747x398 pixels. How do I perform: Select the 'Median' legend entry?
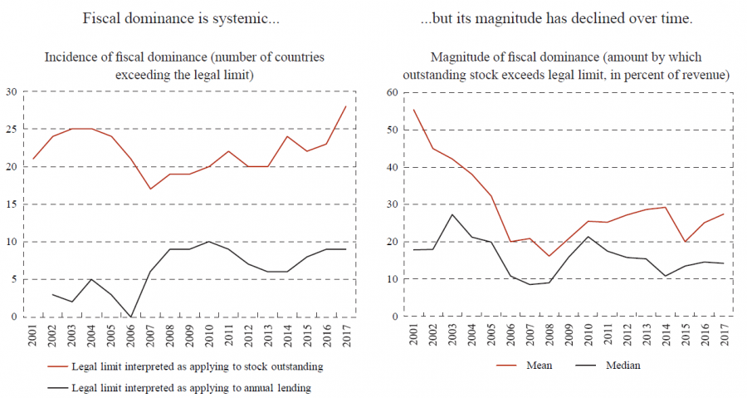[622, 365]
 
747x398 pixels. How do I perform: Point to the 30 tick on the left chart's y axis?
[11, 92]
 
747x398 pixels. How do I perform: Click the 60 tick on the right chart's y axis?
[385, 92]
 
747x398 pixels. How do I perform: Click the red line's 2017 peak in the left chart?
[345, 106]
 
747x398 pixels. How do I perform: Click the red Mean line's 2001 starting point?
[413, 110]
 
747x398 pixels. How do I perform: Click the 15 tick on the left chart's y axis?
[11, 204]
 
